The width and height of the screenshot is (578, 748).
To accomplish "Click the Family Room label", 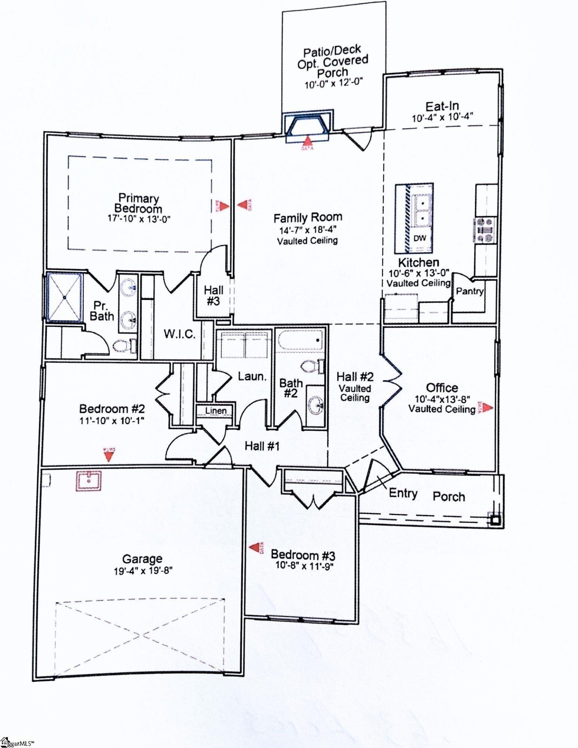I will pyautogui.click(x=308, y=217).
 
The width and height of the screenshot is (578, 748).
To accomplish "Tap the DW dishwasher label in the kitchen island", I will pyautogui.click(x=419, y=238).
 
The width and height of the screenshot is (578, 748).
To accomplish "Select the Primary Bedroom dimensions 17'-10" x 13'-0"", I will pyautogui.click(x=139, y=219).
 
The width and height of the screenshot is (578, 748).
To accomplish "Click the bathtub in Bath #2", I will pyautogui.click(x=300, y=340).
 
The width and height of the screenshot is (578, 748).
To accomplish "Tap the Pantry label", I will pyautogui.click(x=470, y=291).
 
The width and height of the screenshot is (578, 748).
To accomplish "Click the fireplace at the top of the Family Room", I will pyautogui.click(x=308, y=125).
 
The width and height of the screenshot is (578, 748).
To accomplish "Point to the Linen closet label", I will pyautogui.click(x=216, y=411).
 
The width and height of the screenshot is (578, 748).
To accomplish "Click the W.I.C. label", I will pyautogui.click(x=179, y=334).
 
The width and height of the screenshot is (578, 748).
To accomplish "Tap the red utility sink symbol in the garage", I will pyautogui.click(x=88, y=481).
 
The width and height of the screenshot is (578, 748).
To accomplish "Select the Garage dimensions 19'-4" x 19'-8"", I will pyautogui.click(x=143, y=571).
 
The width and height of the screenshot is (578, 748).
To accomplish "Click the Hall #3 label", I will pyautogui.click(x=213, y=295).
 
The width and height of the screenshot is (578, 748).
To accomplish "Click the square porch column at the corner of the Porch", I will pyautogui.click(x=495, y=520).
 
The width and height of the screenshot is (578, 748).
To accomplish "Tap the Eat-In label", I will pyautogui.click(x=442, y=106).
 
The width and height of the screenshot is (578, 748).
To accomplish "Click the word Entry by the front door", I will pyautogui.click(x=403, y=493).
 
